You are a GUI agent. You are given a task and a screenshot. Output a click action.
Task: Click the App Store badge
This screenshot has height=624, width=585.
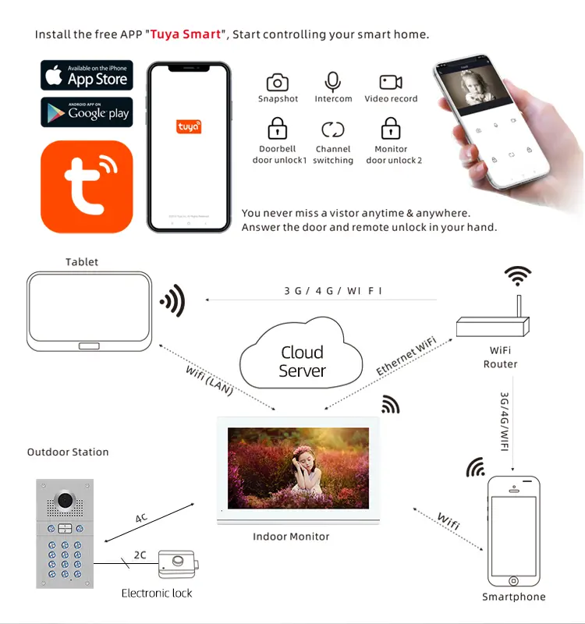pos(87,75)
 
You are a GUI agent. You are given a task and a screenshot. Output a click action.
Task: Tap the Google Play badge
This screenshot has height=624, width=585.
pos(87,112)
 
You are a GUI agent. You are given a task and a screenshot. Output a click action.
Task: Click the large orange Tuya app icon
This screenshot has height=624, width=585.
pos(87,186)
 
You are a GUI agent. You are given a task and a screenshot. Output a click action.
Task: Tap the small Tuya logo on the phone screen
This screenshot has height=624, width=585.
pos(189,126)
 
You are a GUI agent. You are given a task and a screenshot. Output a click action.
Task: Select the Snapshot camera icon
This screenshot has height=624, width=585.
pos(278,83)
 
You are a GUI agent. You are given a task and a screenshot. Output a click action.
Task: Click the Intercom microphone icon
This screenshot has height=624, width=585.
pos(333,82)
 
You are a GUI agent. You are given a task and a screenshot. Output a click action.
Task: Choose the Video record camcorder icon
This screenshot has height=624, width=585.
pos(391,82)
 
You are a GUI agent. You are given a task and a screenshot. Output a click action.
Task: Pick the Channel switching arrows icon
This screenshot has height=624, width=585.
pos(333,129)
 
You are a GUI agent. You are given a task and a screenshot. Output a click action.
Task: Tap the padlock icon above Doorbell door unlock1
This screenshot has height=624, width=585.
pos(278,128)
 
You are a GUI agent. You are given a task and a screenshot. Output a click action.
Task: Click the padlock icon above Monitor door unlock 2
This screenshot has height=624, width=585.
pos(391,128)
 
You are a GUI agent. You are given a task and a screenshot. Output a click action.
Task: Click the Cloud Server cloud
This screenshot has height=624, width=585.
pos(301,354)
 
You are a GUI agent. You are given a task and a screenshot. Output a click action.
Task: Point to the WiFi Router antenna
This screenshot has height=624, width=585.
pos(519,306)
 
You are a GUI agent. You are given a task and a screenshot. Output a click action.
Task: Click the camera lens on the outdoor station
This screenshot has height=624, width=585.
pos(66,500)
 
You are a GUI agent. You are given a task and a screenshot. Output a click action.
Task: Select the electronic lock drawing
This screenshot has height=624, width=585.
pos(179,564)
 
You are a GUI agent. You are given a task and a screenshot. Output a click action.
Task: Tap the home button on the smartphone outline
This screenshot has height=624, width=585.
pos(514,581)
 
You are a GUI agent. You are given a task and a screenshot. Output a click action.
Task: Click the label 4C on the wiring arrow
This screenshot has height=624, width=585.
pos(141,518)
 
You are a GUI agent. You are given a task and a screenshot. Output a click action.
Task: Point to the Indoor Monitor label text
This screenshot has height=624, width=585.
pos(291,537)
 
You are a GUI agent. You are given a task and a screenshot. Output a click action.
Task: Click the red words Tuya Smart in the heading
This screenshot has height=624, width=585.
pos(186,34)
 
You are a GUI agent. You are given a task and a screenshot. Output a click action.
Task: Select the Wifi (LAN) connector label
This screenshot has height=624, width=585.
pos(210,381)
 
